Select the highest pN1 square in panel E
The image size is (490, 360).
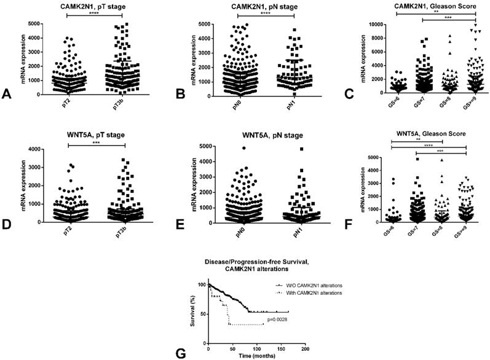[285, 149]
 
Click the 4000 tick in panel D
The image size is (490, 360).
[40, 149]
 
